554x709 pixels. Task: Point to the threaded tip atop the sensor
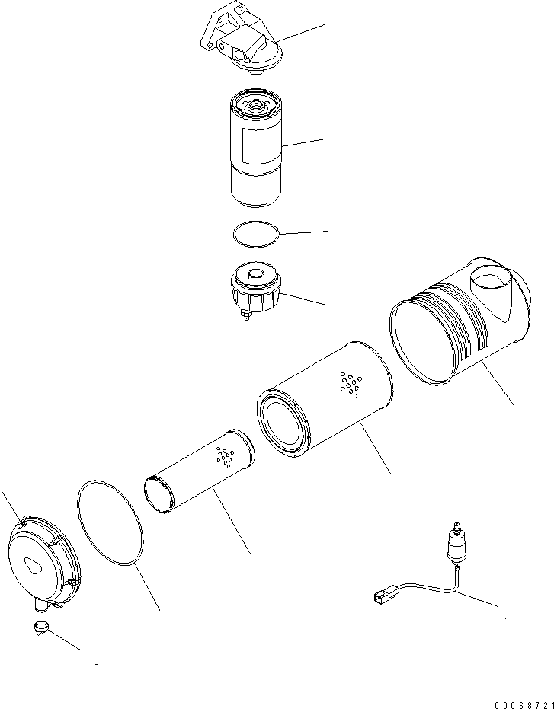[455, 528]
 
